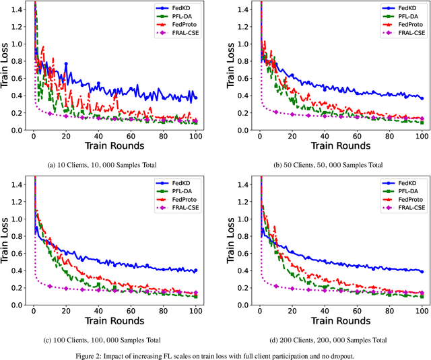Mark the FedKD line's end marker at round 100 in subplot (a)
tap(195, 98)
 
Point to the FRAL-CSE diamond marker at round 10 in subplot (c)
tap(50, 286)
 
